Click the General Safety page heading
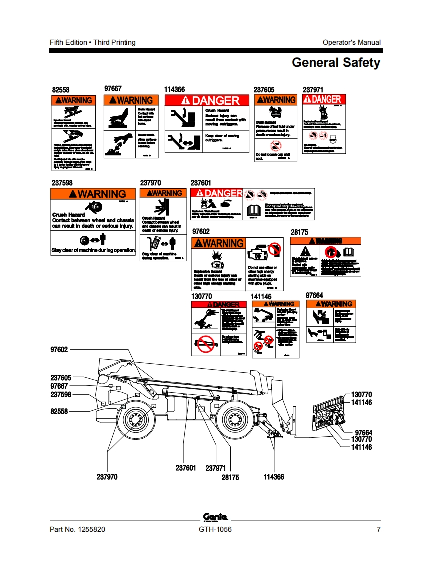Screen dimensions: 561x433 pyautogui.click(x=336, y=63)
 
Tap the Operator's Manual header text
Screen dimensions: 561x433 pyautogui.click(x=351, y=42)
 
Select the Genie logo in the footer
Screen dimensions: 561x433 pyautogui.click(x=215, y=517)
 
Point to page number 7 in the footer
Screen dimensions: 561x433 pyautogui.click(x=378, y=530)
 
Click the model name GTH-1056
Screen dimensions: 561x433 pyautogui.click(x=215, y=530)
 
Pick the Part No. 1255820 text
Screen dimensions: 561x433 pyautogui.click(x=77, y=530)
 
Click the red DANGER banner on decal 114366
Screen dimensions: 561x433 pyautogui.click(x=207, y=100)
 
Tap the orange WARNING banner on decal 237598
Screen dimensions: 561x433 pyautogui.click(x=93, y=194)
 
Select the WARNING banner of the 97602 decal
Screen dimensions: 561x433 pyautogui.click(x=219, y=243)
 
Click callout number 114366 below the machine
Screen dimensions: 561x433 pyautogui.click(x=273, y=477)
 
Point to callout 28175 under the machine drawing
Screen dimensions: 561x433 pyautogui.click(x=230, y=477)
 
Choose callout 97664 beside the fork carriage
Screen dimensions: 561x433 pyautogui.click(x=363, y=432)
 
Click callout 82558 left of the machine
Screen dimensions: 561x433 pyautogui.click(x=59, y=411)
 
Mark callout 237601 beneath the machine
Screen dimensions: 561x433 pyautogui.click(x=186, y=468)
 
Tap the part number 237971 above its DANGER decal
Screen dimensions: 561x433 pyautogui.click(x=313, y=89)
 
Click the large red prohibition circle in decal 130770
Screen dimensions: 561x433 pyautogui.click(x=204, y=345)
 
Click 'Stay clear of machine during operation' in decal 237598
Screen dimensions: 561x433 pyautogui.click(x=93, y=250)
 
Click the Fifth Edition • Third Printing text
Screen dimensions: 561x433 pyautogui.click(x=93, y=42)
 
